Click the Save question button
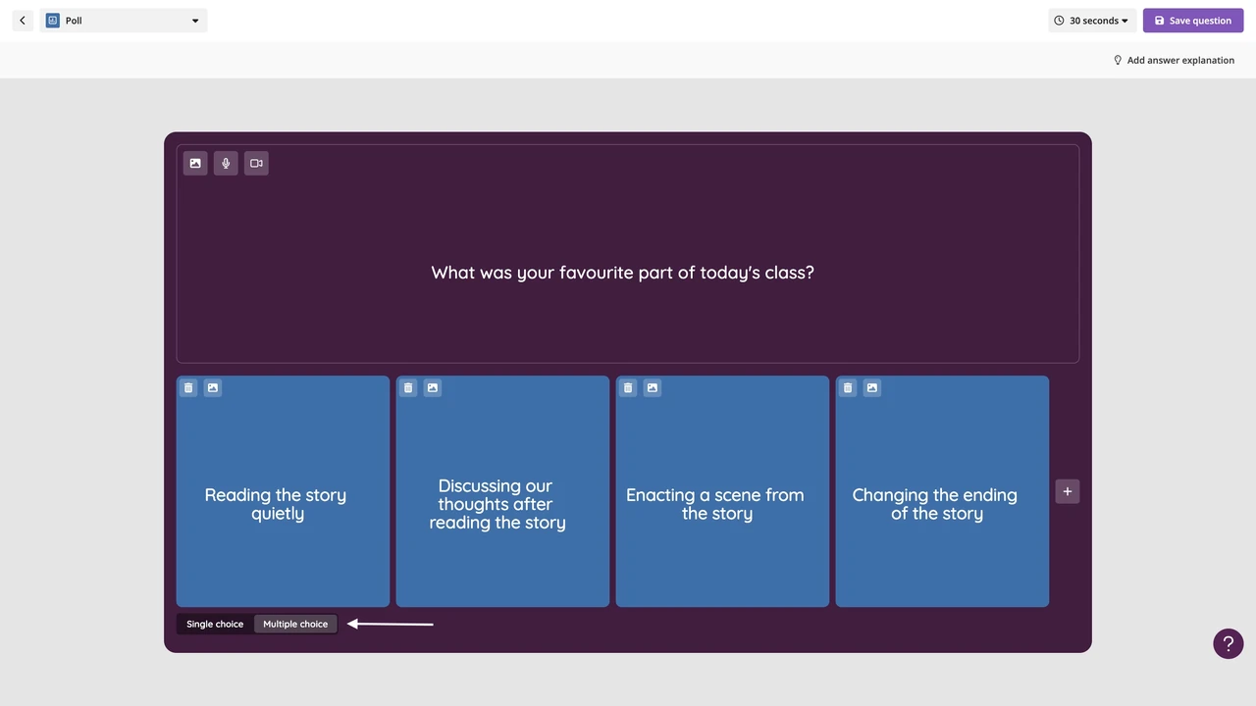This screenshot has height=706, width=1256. [x=1192, y=21]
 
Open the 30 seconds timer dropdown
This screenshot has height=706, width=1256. [x=1092, y=21]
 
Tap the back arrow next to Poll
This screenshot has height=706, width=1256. [x=23, y=21]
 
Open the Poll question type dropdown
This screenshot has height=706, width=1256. [x=124, y=21]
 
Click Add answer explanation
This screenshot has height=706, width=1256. [x=1174, y=61]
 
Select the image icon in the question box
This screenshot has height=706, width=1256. [x=195, y=163]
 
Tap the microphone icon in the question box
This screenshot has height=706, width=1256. [x=226, y=163]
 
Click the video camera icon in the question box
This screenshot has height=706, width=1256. [x=256, y=163]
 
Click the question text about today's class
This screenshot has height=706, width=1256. [x=622, y=273]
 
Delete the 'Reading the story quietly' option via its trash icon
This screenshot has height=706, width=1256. [x=188, y=387]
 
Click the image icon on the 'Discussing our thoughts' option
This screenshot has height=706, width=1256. [x=433, y=387]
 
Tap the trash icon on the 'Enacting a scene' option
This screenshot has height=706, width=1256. [x=628, y=387]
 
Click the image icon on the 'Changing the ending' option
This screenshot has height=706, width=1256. [x=872, y=387]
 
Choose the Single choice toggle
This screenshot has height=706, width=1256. [x=215, y=625]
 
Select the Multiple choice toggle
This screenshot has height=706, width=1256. [x=295, y=625]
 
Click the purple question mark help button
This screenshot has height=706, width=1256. [x=1228, y=644]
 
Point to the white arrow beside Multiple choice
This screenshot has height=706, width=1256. [x=391, y=624]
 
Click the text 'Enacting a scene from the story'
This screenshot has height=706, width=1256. [x=715, y=504]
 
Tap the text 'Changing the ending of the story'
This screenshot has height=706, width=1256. [x=935, y=504]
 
